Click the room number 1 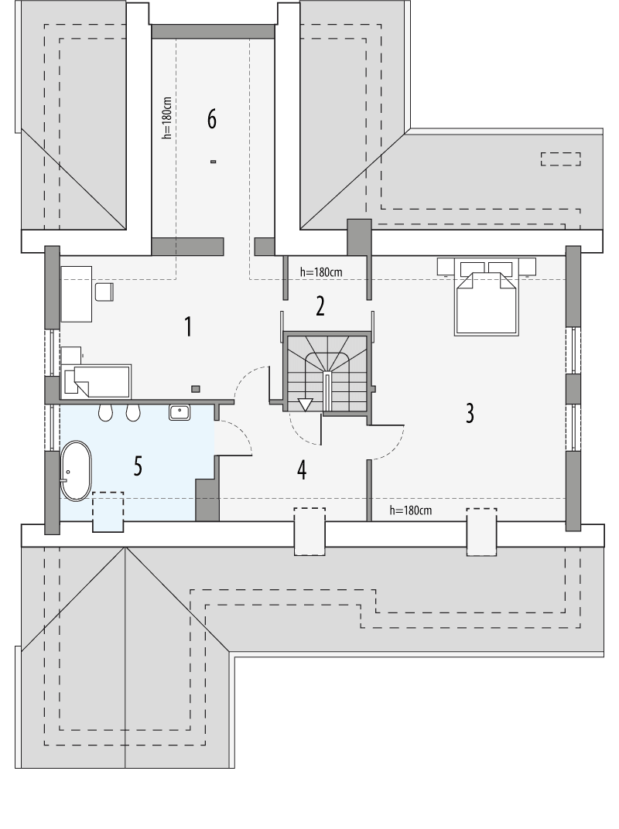tap(187, 326)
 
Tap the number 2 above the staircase tap(320, 306)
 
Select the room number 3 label tap(469, 413)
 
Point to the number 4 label tap(302, 469)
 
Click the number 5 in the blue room tap(138, 466)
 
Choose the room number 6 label tap(211, 120)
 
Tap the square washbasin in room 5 tap(180, 412)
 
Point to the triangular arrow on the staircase tap(305, 404)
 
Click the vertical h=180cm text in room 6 tap(167, 118)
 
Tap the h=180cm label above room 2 tap(320, 272)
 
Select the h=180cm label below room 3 tap(410, 510)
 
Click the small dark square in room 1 tap(196, 388)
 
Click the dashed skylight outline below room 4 tap(309, 530)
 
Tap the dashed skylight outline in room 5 tap(108, 511)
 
